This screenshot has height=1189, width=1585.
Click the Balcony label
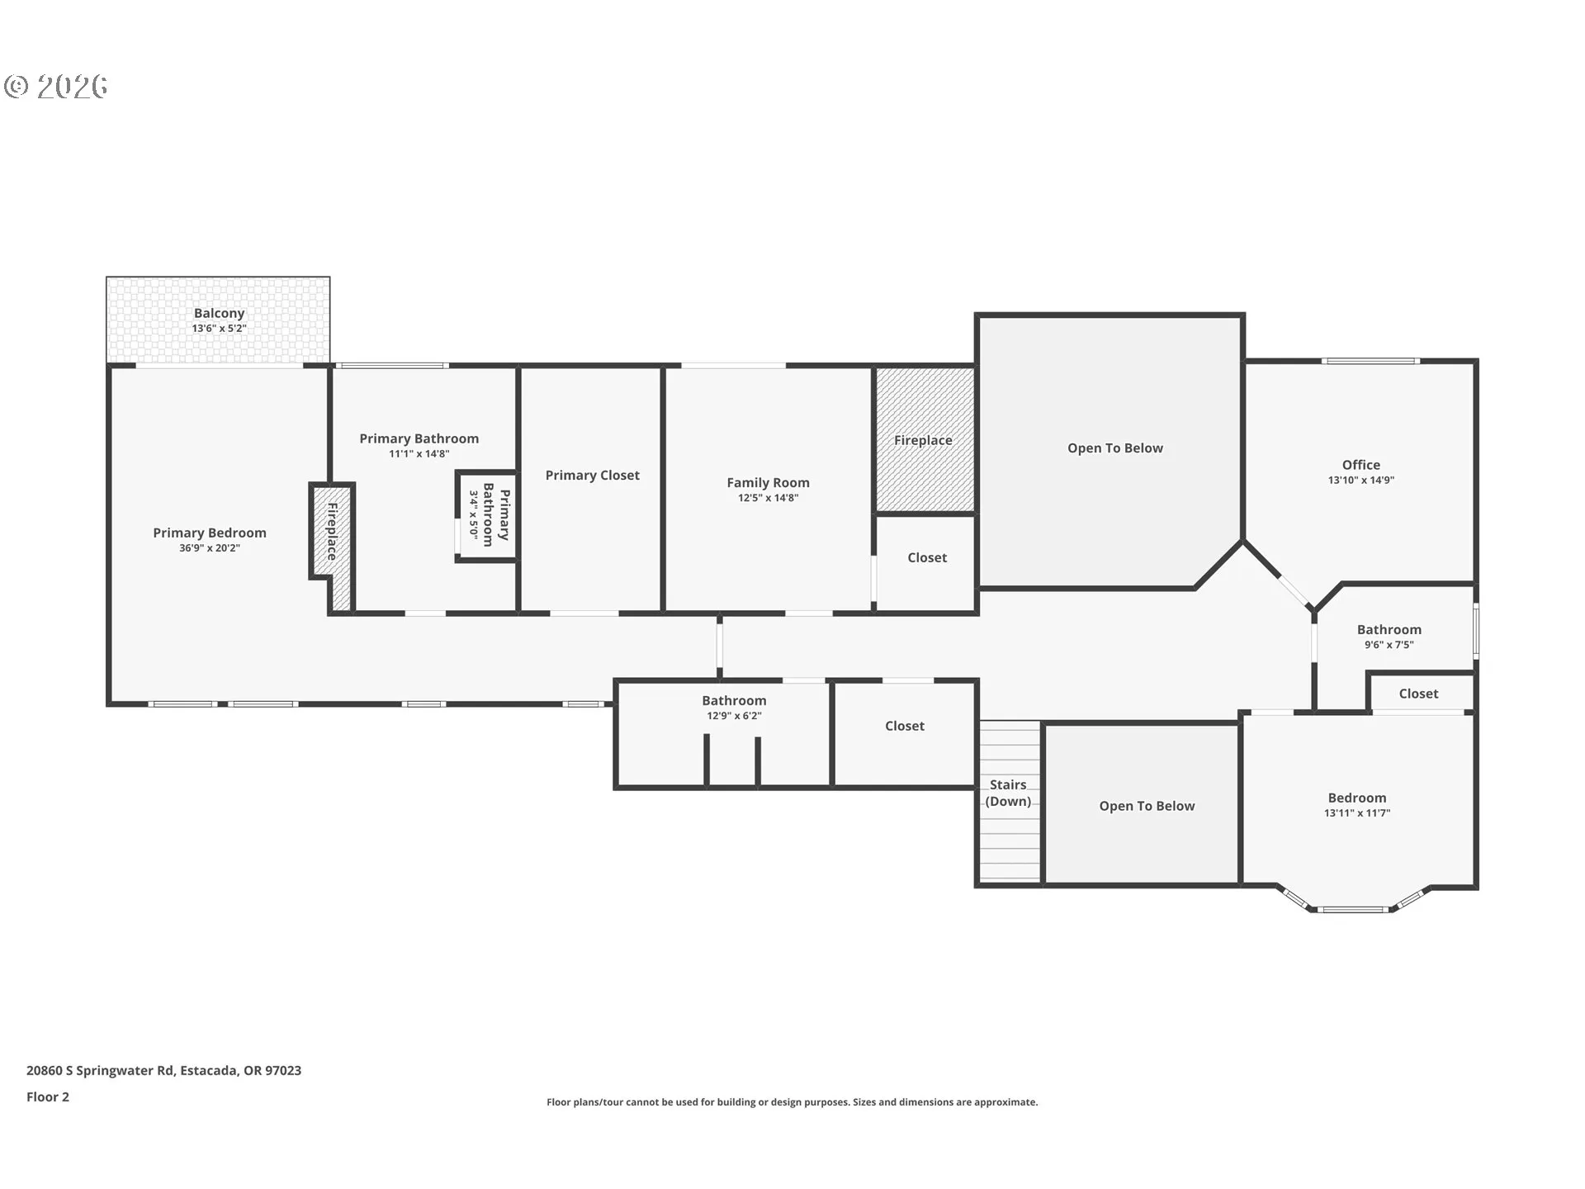tap(219, 313)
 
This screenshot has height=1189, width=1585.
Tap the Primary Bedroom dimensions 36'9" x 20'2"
tap(210, 548)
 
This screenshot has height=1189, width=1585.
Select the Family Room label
tap(768, 482)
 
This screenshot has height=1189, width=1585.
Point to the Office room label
tap(1361, 465)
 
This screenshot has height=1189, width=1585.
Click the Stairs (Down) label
tap(1008, 793)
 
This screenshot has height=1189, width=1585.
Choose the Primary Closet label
tap(592, 476)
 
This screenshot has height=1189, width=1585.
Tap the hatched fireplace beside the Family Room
tap(925, 439)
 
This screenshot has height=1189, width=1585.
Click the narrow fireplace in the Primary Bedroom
tap(333, 545)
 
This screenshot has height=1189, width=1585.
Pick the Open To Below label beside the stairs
tap(1147, 806)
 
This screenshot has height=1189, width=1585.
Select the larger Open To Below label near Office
tap(1115, 448)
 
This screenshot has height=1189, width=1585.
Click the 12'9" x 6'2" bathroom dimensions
tap(734, 716)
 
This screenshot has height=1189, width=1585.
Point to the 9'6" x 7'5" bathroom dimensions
tap(1389, 645)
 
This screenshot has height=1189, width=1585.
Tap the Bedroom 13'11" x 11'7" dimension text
tap(1357, 813)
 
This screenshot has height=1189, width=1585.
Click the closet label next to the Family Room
tap(927, 558)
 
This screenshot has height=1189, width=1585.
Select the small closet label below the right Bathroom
tap(1418, 694)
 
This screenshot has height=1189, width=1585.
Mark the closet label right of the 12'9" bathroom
tap(905, 726)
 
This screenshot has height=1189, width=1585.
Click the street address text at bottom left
tap(163, 1071)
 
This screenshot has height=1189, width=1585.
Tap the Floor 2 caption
tap(48, 1097)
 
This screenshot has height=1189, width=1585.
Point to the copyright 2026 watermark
tap(56, 86)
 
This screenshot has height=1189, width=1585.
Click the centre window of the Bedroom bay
tap(1353, 910)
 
